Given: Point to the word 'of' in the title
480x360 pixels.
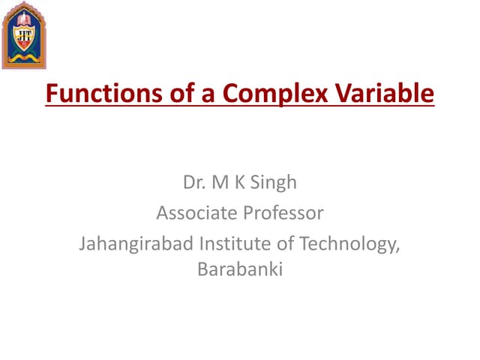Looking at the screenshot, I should [166, 95].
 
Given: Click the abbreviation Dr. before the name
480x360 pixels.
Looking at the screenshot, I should [193, 182].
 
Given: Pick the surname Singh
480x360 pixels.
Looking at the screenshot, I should [274, 182].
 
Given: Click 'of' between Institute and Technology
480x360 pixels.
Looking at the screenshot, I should [283, 244].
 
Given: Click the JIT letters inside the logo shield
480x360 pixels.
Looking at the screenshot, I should [25, 34].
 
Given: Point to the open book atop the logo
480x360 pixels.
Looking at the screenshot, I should [25, 18].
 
